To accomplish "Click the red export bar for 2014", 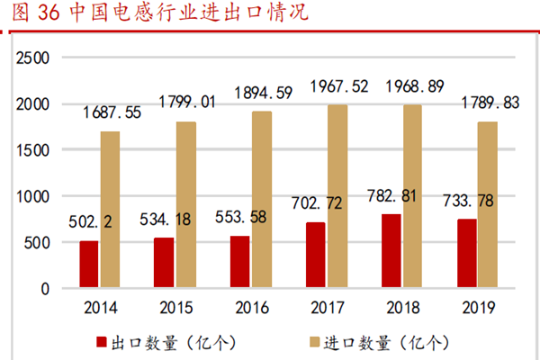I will click(x=88, y=265).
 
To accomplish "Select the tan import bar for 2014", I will click(x=110, y=210).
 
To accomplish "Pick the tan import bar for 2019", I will click(x=487, y=205).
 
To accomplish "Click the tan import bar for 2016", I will click(x=261, y=200).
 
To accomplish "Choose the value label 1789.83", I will click(x=487, y=103).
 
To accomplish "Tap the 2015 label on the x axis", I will click(x=174, y=308).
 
